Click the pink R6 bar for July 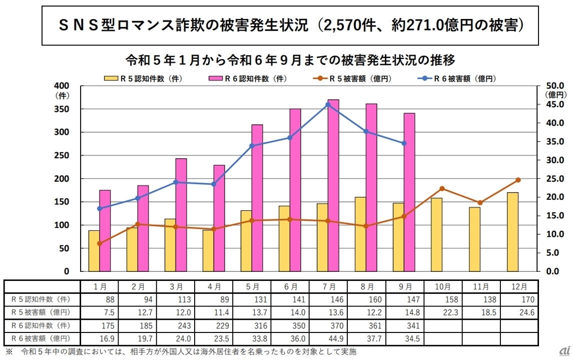[333, 185]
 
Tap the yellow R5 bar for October [436, 234]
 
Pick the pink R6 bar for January [105, 230]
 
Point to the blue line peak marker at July [328, 105]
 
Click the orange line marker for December [518, 180]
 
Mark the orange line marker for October [442, 188]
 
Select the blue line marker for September [404, 143]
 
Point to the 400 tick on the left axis [67, 86]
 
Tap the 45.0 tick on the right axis [555, 105]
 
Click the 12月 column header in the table [519, 287]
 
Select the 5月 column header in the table [253, 287]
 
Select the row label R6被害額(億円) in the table [41, 338]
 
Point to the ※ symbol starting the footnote [9, 351]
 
